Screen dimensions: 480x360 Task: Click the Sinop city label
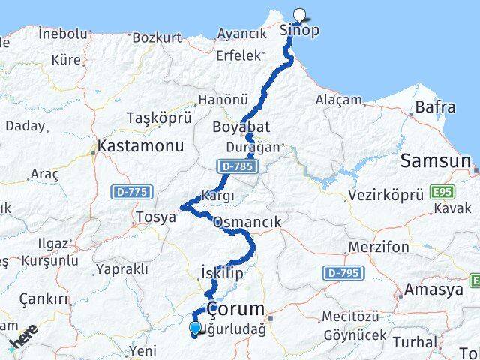click(x=298, y=31)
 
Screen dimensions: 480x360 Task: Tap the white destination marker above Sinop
click(x=300, y=13)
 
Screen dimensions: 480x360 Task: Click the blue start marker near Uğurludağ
click(x=196, y=328)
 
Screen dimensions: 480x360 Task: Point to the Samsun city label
click(x=435, y=160)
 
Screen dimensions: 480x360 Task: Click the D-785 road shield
click(x=233, y=165)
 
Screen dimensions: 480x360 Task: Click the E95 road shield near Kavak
click(x=443, y=193)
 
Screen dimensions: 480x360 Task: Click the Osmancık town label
click(x=247, y=222)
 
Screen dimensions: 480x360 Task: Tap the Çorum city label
click(x=235, y=308)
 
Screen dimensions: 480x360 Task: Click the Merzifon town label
click(x=379, y=247)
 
